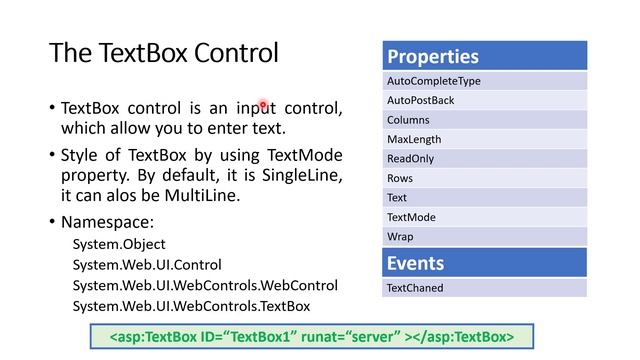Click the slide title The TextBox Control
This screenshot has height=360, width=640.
163,53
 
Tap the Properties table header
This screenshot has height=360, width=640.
484,56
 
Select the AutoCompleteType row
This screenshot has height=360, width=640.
484,81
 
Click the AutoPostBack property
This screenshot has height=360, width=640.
484,101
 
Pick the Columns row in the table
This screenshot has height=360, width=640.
484,120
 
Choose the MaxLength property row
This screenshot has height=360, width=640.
484,140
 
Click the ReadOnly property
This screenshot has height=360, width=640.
484,159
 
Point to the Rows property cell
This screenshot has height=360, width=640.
484,178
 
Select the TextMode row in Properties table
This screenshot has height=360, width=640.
484,217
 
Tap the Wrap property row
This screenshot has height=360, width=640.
484,237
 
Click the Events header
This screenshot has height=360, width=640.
484,263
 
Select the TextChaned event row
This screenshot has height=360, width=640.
484,288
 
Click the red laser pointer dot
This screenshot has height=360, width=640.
263,104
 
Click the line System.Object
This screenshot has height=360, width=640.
119,244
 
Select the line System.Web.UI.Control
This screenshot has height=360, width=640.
147,265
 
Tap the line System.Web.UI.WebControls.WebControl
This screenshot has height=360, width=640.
205,286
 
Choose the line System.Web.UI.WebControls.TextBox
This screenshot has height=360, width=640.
191,306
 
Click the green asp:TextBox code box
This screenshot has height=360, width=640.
312,337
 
